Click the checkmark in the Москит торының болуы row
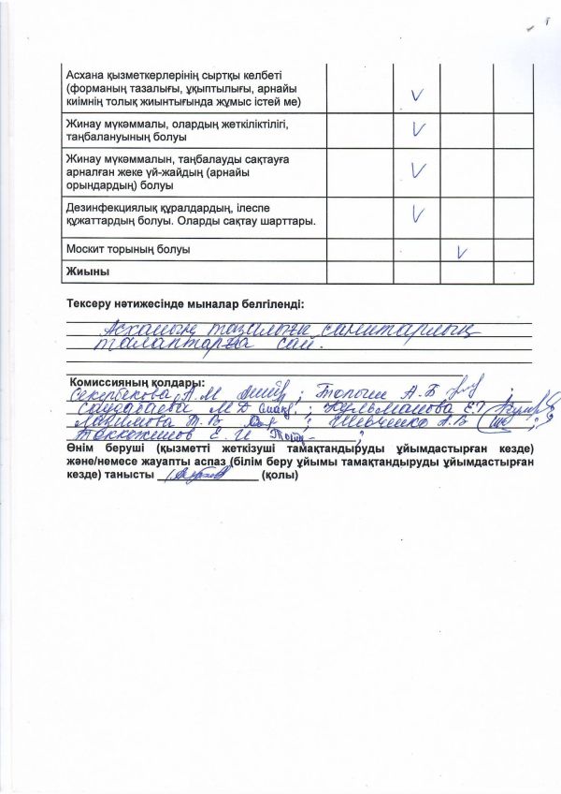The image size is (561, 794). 461,251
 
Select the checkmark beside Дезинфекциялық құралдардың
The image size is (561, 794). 418,215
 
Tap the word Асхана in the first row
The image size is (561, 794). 86,74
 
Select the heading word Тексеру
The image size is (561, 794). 92,304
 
